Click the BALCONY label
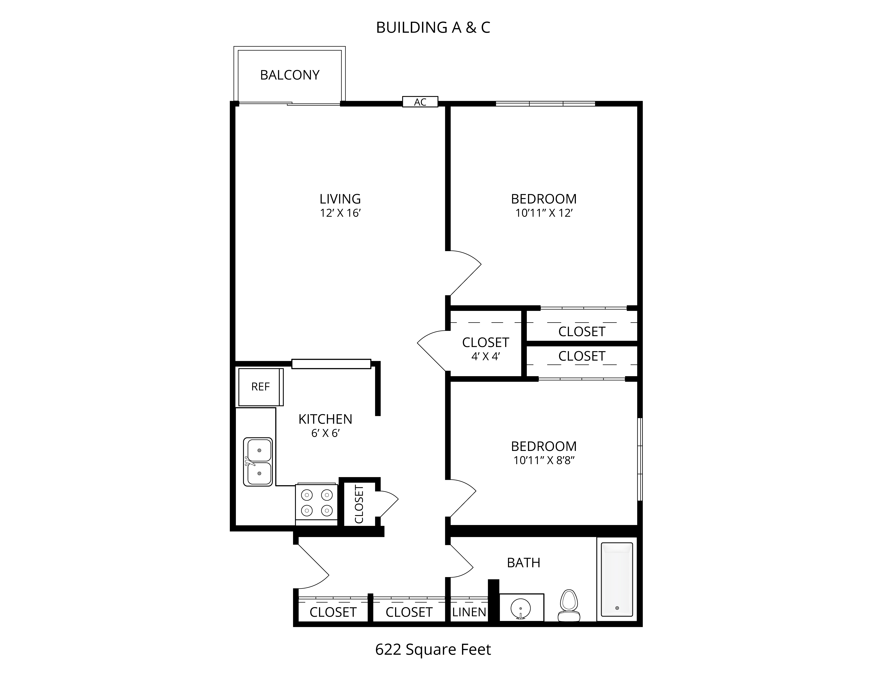click(290, 75)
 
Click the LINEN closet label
click(469, 612)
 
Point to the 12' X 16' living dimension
click(340, 213)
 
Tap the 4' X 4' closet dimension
click(486, 357)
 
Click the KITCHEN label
click(325, 419)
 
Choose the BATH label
click(524, 563)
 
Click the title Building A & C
click(433, 28)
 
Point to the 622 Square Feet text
click(433, 650)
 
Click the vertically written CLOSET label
click(359, 504)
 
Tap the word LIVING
click(340, 199)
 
